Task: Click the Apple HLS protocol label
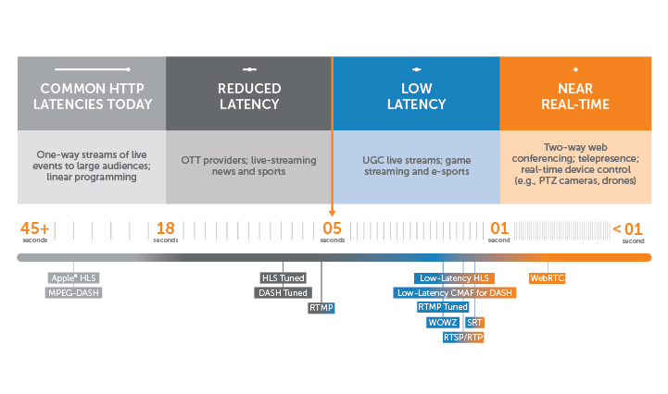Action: tap(74, 277)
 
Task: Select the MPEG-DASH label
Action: tap(74, 292)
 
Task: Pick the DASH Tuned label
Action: tap(282, 292)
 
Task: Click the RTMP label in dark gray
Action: tap(321, 307)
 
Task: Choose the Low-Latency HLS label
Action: tap(454, 277)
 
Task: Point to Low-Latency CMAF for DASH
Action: tap(454, 292)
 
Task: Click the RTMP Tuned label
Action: tap(443, 307)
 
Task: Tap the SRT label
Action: tap(474, 322)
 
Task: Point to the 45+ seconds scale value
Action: tap(35, 229)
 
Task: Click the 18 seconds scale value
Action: tap(166, 229)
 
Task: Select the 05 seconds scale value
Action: tap(332, 229)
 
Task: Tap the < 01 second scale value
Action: tap(627, 229)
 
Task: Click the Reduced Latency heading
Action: tap(248, 96)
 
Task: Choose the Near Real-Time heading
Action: tap(574, 96)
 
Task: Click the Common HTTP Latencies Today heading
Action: tap(91, 96)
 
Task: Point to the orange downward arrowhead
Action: tap(332, 212)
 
